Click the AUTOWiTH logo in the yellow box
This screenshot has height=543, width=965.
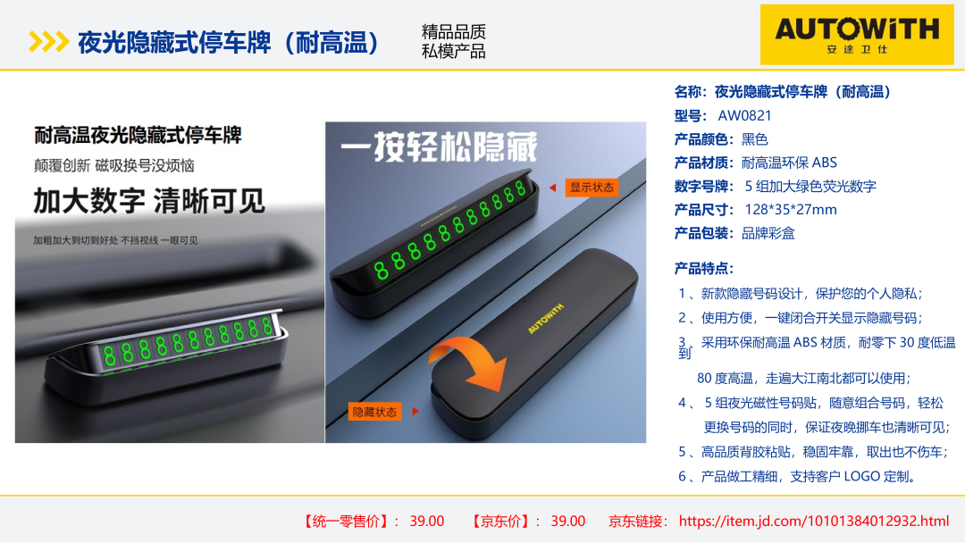(x=857, y=35)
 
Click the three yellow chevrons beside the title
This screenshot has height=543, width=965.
(x=48, y=42)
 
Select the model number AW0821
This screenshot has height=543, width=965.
(x=744, y=115)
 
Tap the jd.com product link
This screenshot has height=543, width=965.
(x=814, y=521)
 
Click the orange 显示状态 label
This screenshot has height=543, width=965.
(x=592, y=188)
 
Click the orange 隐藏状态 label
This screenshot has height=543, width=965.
(x=374, y=412)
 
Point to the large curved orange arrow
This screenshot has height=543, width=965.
(x=467, y=363)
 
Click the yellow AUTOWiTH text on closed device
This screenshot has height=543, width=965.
(x=545, y=319)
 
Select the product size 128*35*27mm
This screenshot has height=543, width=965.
(x=790, y=210)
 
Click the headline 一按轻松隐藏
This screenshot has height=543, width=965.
(x=439, y=147)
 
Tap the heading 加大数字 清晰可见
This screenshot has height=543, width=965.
(x=149, y=201)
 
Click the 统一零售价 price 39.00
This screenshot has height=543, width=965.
(x=426, y=521)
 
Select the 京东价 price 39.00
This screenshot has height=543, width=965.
(x=567, y=521)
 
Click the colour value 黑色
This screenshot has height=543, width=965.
(x=754, y=139)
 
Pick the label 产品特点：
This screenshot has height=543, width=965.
(x=704, y=268)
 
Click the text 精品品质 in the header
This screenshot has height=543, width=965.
(x=454, y=31)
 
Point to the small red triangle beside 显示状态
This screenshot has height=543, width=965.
(x=553, y=188)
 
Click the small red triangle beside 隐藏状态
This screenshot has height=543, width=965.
(x=415, y=411)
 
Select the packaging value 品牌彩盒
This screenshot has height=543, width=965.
(x=768, y=233)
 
